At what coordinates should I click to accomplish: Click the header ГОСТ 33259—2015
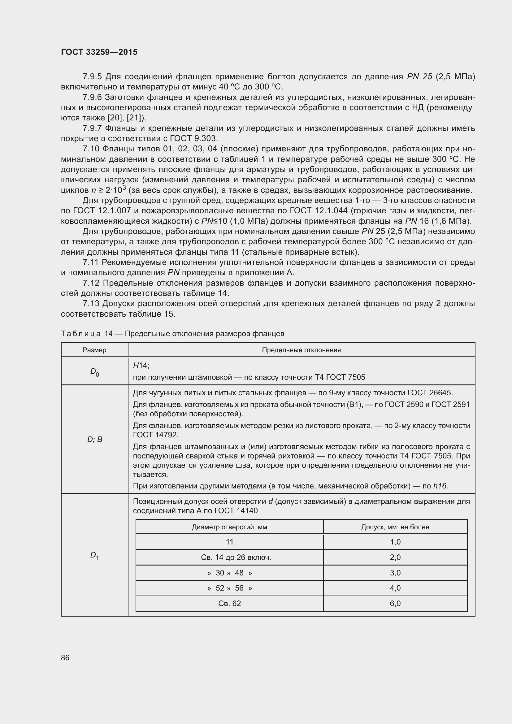[x=99, y=52]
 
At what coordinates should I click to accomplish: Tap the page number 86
[x=65, y=657]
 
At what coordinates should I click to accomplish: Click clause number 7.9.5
[x=92, y=77]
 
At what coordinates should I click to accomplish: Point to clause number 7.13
[x=91, y=304]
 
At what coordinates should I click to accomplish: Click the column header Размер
[x=95, y=350]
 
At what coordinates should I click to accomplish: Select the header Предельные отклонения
[x=301, y=350]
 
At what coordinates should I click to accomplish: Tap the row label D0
[x=95, y=372]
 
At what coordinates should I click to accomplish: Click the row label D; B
[x=95, y=439]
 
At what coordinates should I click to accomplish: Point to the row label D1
[x=95, y=555]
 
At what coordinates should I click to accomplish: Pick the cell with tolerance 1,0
[x=395, y=542]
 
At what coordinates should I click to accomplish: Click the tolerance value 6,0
[x=395, y=603]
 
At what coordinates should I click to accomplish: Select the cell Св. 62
[x=229, y=603]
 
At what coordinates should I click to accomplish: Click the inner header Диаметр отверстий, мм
[x=229, y=527]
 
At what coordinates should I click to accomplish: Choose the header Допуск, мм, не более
[x=395, y=527]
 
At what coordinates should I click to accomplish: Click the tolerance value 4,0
[x=395, y=588]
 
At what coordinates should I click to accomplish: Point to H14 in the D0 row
[x=141, y=366]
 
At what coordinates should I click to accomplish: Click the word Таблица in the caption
[x=81, y=334]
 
